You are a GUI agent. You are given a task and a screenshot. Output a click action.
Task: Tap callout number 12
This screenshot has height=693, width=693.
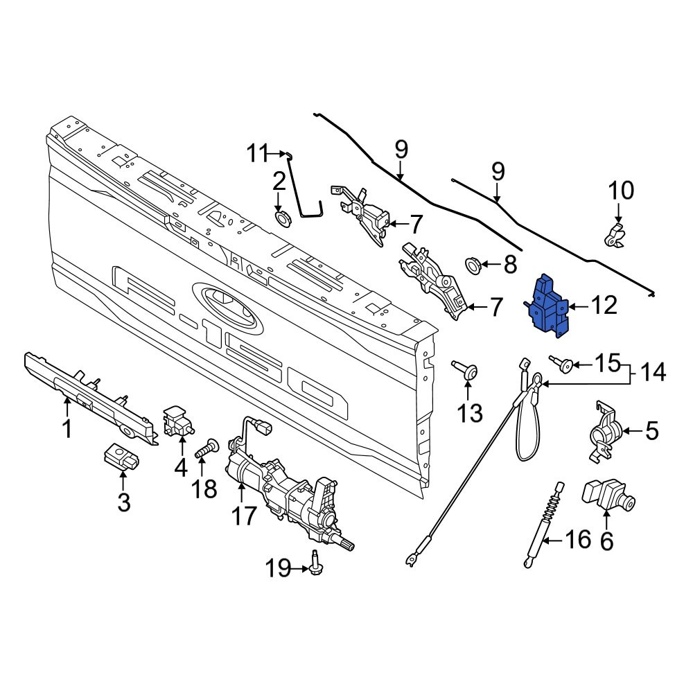tap(604, 305)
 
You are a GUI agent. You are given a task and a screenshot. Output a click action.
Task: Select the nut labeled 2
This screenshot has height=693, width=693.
tap(281, 217)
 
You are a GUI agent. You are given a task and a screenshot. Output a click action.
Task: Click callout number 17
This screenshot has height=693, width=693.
tap(243, 516)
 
